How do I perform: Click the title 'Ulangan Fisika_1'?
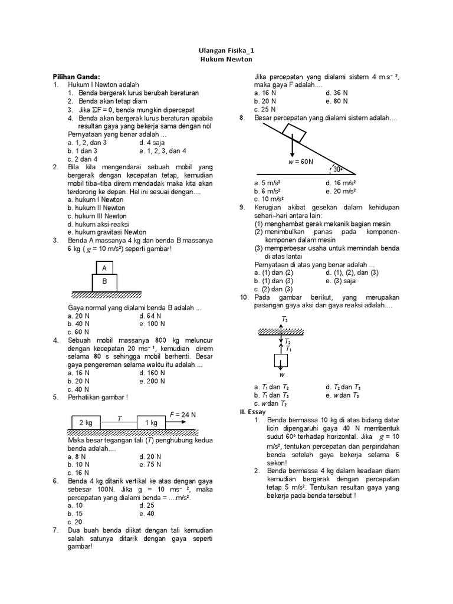pyautogui.click(x=227, y=51)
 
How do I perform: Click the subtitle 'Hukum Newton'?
pyautogui.click(x=227, y=60)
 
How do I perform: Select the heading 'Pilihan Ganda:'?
pyautogui.click(x=77, y=77)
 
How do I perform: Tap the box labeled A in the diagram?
pyautogui.click(x=104, y=268)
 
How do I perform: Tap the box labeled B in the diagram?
pyautogui.click(x=104, y=281)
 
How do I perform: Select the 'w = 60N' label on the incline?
pyautogui.click(x=300, y=160)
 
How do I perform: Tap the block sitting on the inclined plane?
pyautogui.click(x=294, y=134)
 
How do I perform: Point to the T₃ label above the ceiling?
pyautogui.click(x=285, y=319)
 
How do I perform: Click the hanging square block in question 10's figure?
pyautogui.click(x=282, y=361)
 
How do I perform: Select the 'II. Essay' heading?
pyautogui.click(x=253, y=411)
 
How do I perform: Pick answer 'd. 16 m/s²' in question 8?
pyautogui.click(x=340, y=183)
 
